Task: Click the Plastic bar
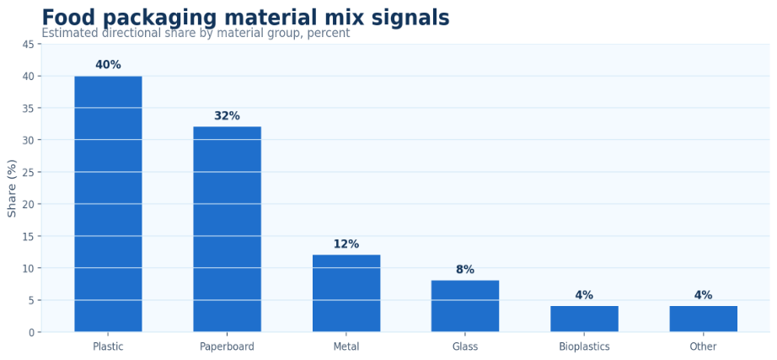click(108, 204)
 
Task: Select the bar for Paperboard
click(227, 229)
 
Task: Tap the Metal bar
click(346, 293)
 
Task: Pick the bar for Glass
click(465, 306)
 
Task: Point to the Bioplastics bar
click(584, 319)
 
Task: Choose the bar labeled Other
click(703, 319)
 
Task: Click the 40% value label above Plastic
click(108, 65)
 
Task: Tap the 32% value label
click(227, 116)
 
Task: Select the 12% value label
click(346, 244)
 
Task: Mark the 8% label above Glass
click(465, 270)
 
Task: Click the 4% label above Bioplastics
click(584, 295)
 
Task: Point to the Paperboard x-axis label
click(227, 347)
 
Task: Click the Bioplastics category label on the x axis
click(584, 347)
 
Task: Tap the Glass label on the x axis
click(465, 347)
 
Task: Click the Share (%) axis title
click(13, 188)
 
